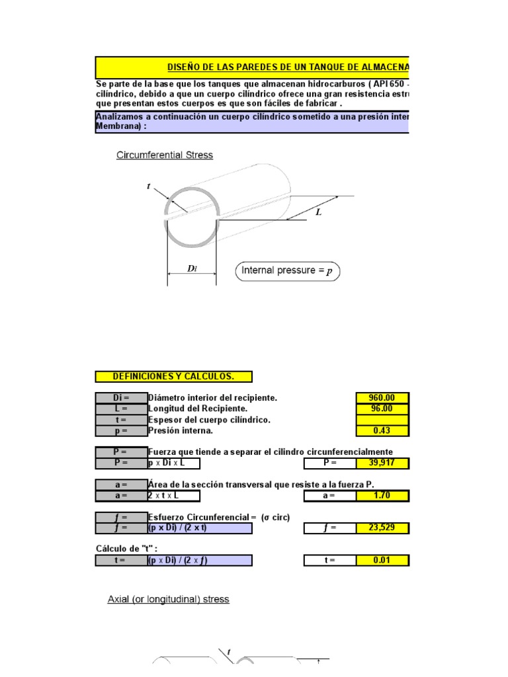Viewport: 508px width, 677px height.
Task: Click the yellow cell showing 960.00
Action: (x=382, y=398)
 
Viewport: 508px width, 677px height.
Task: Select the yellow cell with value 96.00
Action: (x=382, y=409)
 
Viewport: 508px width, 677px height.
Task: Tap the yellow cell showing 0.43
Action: (x=382, y=431)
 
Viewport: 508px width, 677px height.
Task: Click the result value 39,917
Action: (x=382, y=463)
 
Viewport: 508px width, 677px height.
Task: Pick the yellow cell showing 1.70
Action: (x=382, y=495)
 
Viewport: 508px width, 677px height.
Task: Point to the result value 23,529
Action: (x=382, y=528)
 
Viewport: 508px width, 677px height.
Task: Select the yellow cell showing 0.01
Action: (x=382, y=561)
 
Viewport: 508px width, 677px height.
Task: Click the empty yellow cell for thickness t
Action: (x=382, y=420)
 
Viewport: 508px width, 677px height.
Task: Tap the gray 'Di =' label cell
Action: (x=121, y=398)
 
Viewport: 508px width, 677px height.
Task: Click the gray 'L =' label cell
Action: (x=121, y=409)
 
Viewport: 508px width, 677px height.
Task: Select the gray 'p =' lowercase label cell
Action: (x=121, y=431)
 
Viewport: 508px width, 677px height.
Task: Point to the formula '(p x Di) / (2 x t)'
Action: (x=200, y=528)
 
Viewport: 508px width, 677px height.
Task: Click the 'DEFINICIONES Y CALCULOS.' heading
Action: (x=174, y=377)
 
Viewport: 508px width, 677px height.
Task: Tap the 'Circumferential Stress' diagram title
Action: (x=165, y=155)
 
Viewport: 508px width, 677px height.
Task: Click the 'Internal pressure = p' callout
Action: (x=287, y=270)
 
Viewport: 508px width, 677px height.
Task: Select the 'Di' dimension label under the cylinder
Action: (x=192, y=268)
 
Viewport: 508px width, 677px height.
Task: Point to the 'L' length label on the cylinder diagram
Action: (x=318, y=213)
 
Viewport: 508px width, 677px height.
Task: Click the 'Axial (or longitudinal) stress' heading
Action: (x=169, y=600)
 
